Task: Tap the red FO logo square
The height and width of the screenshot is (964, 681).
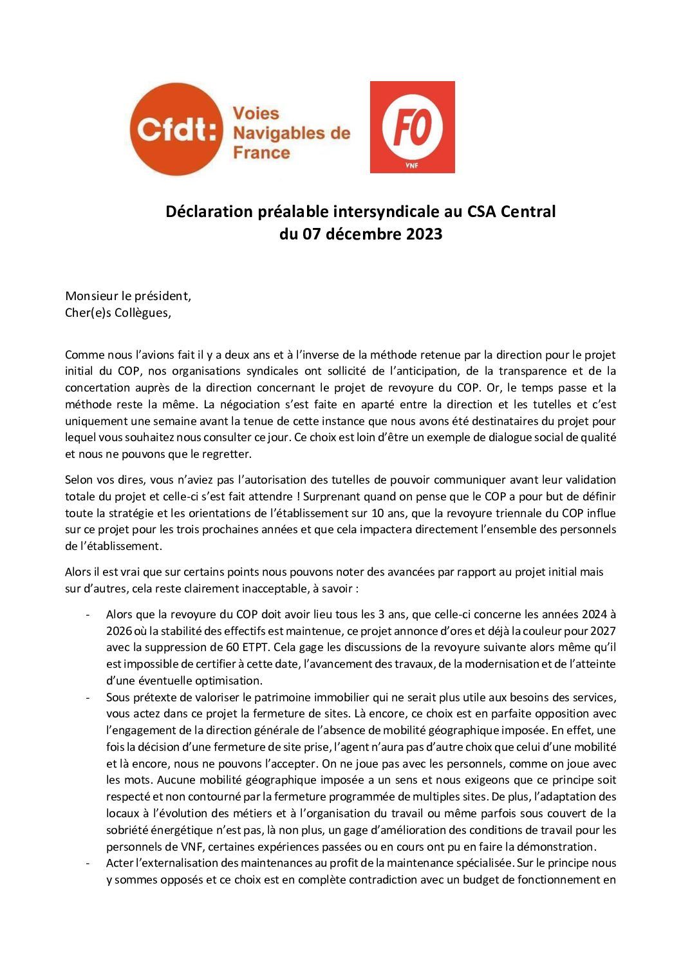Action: (x=412, y=127)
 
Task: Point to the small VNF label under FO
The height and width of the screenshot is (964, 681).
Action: (x=412, y=164)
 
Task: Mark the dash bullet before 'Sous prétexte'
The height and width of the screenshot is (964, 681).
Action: (x=87, y=697)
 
